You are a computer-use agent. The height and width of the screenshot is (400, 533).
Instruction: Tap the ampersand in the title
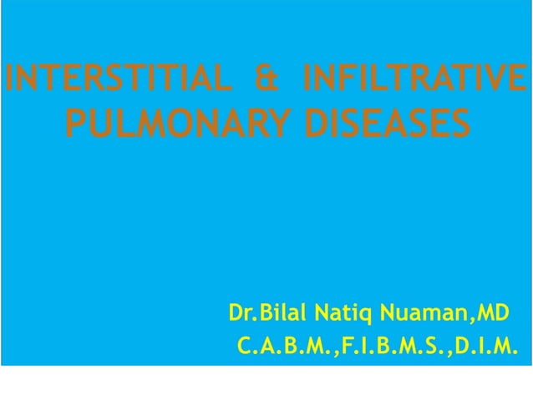(265, 81)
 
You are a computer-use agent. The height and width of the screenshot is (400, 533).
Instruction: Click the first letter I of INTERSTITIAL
(8, 81)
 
